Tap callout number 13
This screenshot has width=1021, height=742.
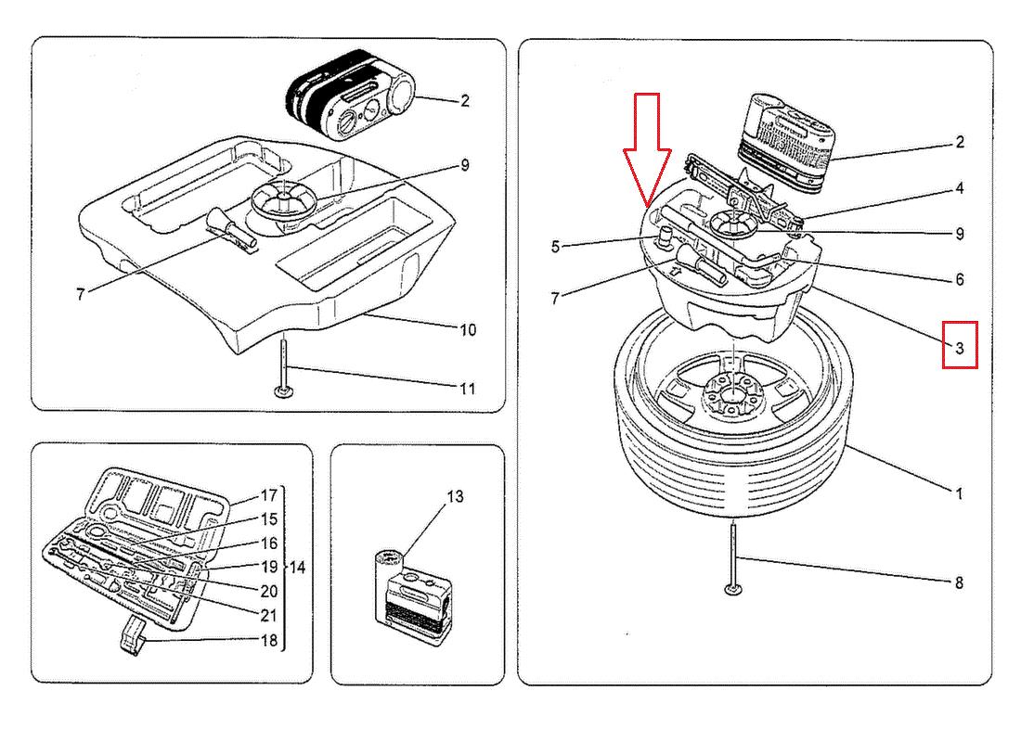click(453, 497)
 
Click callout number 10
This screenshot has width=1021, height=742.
click(467, 329)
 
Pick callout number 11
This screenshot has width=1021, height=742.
click(467, 389)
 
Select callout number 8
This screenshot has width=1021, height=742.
click(959, 582)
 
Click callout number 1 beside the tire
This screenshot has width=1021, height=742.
click(959, 493)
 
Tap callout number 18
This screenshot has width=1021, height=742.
click(269, 640)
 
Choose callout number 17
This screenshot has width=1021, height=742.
click(269, 495)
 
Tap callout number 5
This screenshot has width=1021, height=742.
click(556, 247)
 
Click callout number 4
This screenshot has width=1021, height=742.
click(959, 188)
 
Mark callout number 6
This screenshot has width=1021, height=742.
click(959, 279)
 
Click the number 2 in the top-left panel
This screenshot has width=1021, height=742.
click(465, 100)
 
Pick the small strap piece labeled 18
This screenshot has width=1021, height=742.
click(136, 634)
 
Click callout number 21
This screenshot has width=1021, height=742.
click(269, 614)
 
